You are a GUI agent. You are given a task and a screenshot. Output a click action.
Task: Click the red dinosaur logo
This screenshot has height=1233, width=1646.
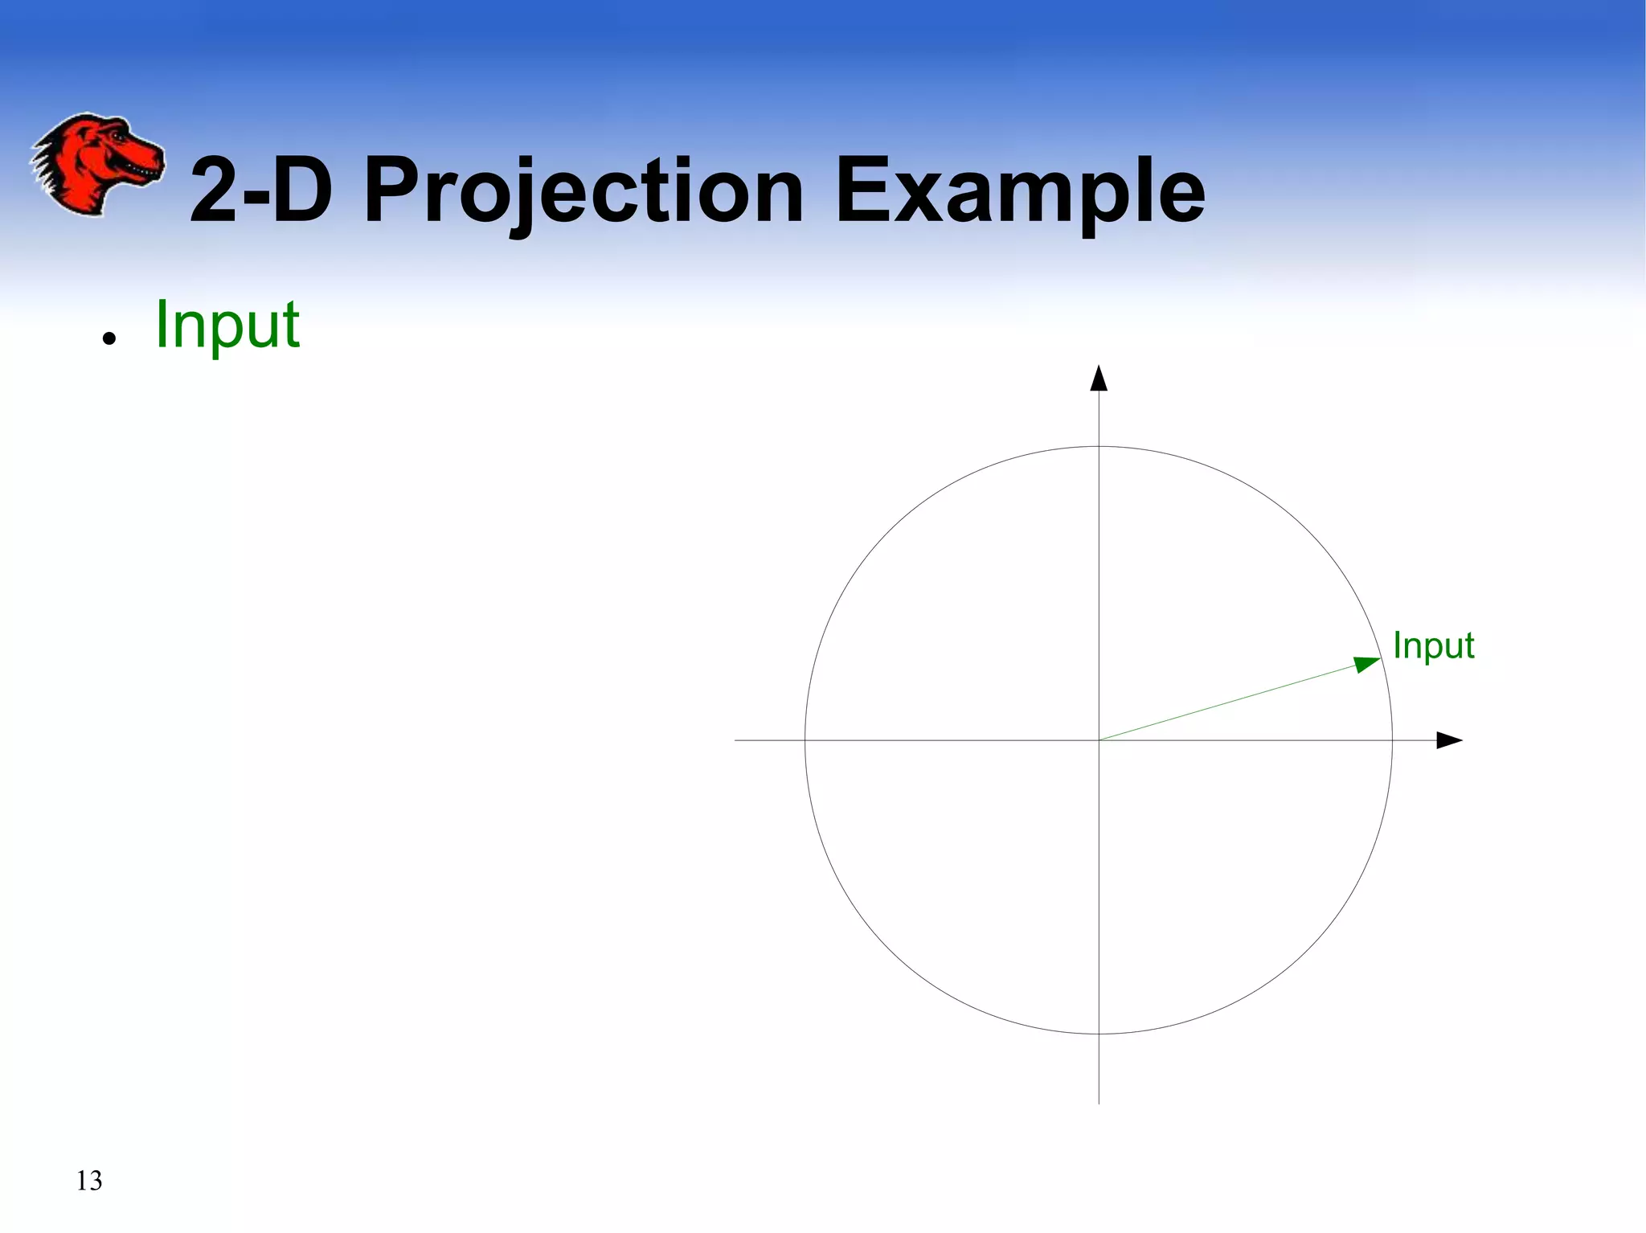coord(96,164)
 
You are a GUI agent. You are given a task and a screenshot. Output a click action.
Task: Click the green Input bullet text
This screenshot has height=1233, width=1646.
coord(227,325)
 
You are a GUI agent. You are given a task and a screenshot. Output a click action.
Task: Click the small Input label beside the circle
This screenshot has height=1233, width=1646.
coord(1433,645)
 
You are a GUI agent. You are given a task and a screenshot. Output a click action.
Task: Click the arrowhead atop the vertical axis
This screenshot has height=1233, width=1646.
coord(1099,378)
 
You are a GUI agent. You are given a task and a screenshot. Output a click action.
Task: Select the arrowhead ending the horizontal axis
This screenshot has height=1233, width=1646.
coord(1449,740)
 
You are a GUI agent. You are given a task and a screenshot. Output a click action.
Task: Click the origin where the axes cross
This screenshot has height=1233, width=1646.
coord(1099,740)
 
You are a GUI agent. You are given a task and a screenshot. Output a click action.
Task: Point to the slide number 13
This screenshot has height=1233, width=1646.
coord(89,1181)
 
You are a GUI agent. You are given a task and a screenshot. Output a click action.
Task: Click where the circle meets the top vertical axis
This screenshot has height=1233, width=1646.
coord(1099,446)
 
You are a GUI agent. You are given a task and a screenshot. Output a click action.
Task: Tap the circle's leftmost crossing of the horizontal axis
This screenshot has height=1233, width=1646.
coord(805,740)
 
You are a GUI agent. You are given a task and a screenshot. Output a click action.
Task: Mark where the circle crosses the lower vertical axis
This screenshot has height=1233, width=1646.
coord(1099,1034)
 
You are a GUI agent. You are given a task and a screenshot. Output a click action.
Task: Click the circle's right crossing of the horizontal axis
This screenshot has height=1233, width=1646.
coord(1392,740)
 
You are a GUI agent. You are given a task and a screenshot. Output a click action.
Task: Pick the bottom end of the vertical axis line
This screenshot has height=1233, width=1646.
coord(1099,1103)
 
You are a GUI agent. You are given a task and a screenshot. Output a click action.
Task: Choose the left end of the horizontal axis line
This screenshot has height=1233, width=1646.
coord(735,740)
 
